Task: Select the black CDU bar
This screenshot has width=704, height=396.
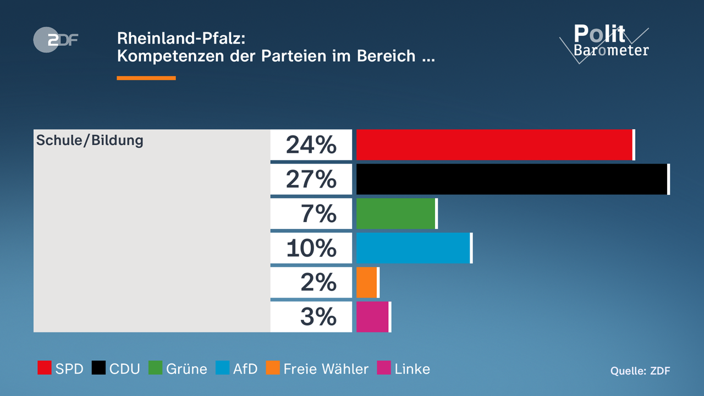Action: point(512,179)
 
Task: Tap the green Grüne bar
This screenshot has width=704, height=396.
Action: point(396,213)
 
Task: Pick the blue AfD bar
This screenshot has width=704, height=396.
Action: point(414,248)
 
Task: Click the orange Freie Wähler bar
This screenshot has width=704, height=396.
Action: point(367,282)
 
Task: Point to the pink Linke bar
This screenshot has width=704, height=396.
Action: point(373,317)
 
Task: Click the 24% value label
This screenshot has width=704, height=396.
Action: point(311,145)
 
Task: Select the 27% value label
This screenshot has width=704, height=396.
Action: point(311,179)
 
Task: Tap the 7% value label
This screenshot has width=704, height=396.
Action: point(318,213)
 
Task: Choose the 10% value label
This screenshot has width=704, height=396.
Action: point(311,248)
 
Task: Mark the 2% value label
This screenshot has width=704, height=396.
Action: point(318,282)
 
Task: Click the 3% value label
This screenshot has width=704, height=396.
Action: point(318,317)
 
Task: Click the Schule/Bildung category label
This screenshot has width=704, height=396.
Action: point(90,140)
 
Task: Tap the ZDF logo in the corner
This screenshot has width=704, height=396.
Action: point(56,40)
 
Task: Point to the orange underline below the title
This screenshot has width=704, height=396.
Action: point(146,78)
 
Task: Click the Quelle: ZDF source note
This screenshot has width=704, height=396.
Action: point(640,371)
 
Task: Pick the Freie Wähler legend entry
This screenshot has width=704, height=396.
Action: point(317,369)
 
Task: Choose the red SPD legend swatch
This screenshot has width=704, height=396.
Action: point(45,368)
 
